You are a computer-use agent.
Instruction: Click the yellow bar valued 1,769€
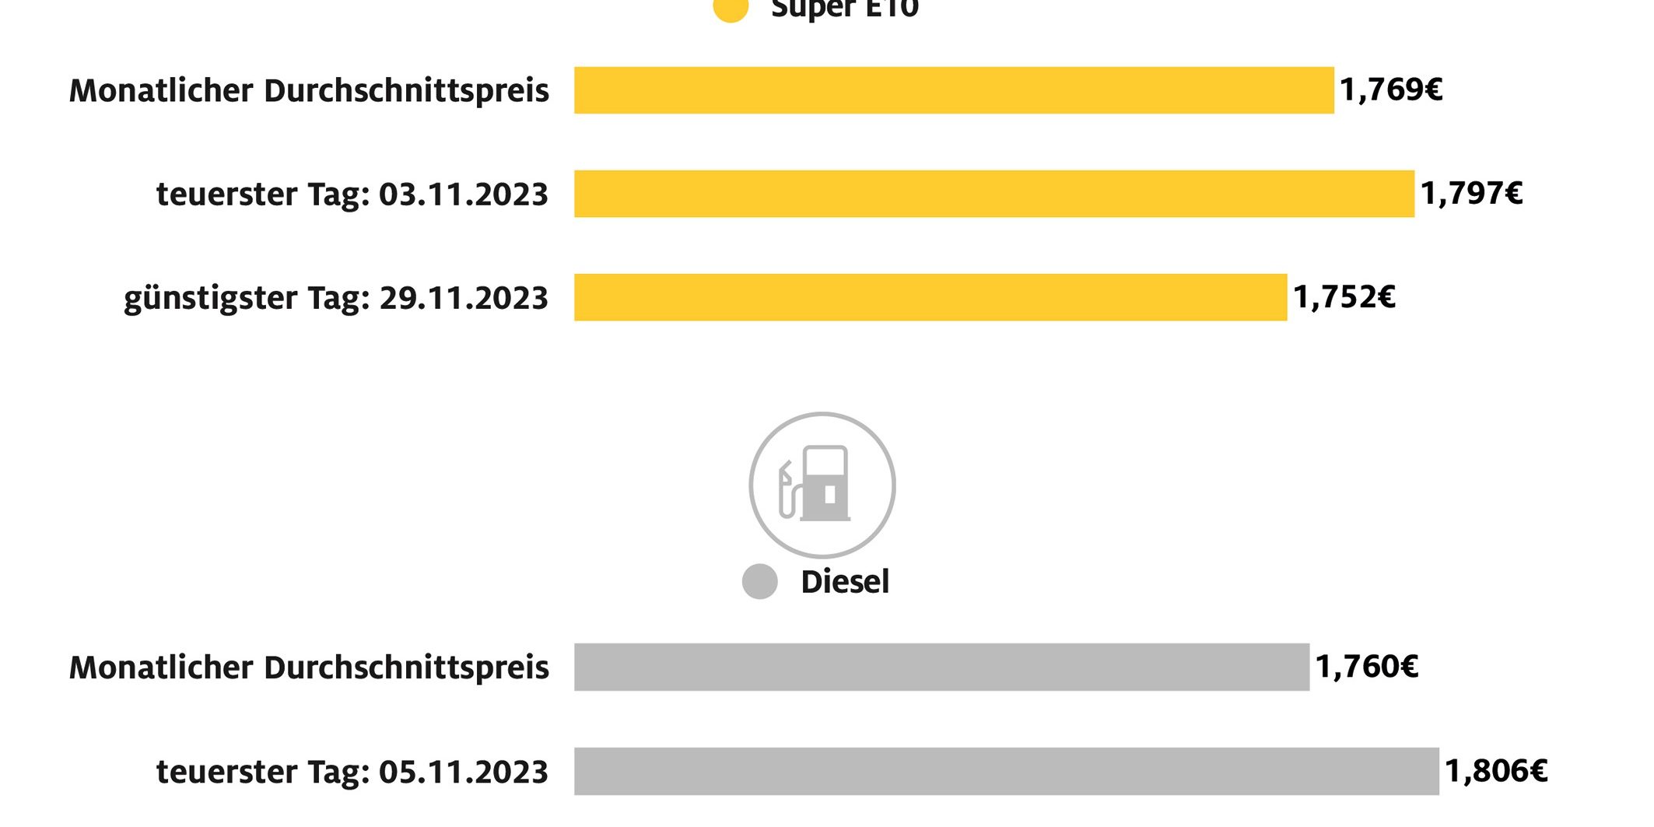pyautogui.click(x=954, y=90)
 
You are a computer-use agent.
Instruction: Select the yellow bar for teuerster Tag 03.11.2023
pyautogui.click(x=993, y=194)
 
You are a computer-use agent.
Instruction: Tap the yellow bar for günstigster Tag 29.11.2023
pyautogui.click(x=930, y=297)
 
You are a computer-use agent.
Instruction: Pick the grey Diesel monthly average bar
pyautogui.click(x=941, y=667)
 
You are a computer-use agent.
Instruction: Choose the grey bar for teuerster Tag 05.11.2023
pyautogui.click(x=1006, y=771)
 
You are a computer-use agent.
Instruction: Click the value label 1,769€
pyautogui.click(x=1391, y=90)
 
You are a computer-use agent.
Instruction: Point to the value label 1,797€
pyautogui.click(x=1471, y=194)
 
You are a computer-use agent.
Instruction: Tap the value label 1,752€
pyautogui.click(x=1344, y=297)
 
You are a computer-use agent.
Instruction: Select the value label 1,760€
pyautogui.click(x=1367, y=667)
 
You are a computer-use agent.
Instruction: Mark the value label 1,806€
pyautogui.click(x=1496, y=771)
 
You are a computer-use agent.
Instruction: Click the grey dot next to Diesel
pyautogui.click(x=760, y=582)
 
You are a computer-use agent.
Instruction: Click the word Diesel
pyautogui.click(x=845, y=582)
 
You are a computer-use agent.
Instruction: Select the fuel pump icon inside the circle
pyautogui.click(x=817, y=485)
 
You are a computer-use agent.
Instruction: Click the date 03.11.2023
pyautogui.click(x=464, y=194)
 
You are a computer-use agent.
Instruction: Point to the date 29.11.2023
pyautogui.click(x=464, y=298)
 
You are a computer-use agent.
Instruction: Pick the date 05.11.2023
pyautogui.click(x=464, y=772)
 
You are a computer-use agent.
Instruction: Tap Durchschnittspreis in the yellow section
pyautogui.click(x=407, y=91)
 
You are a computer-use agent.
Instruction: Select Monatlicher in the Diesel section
pyautogui.click(x=161, y=668)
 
